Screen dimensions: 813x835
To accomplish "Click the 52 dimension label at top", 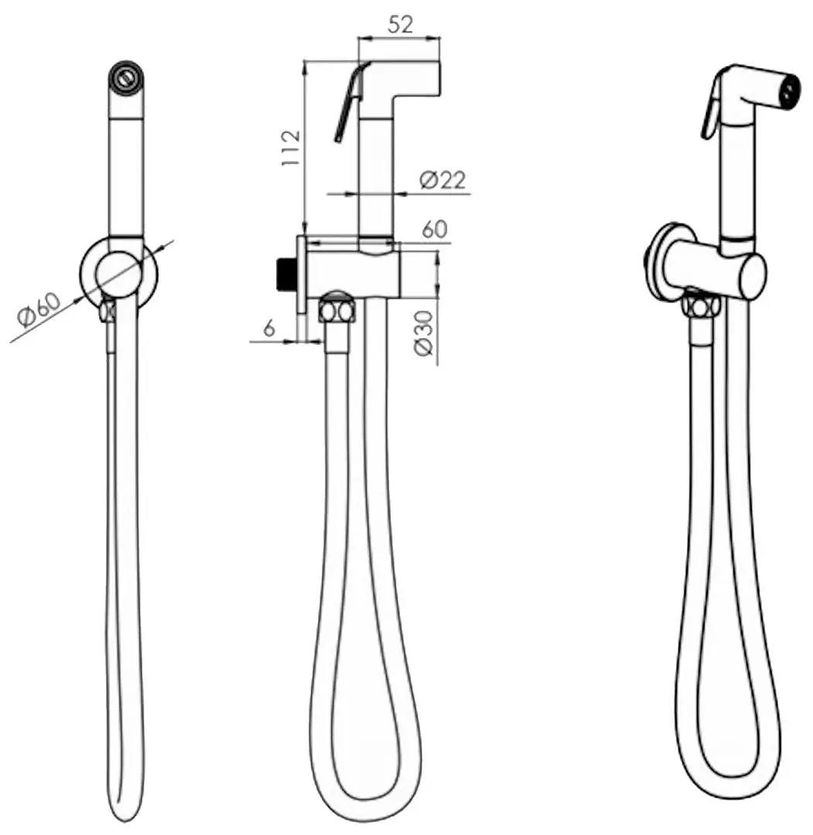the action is (400, 25).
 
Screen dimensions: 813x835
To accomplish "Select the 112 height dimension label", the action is (291, 148).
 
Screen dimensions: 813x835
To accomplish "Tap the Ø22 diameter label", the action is (442, 179).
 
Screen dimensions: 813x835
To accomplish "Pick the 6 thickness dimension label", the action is (269, 328).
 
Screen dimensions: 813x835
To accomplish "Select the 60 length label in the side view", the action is (434, 230).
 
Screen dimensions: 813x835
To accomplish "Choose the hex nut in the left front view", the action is (108, 310).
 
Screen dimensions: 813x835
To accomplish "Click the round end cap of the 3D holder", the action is (752, 277).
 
